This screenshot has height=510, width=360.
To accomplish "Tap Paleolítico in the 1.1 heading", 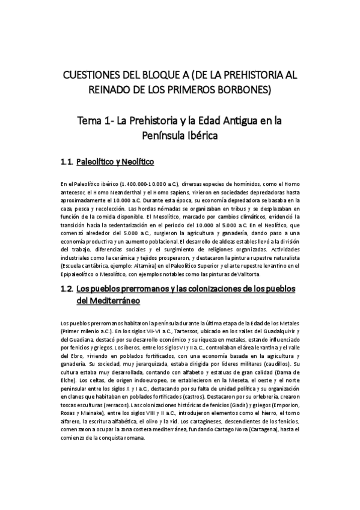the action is pos(99,162).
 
